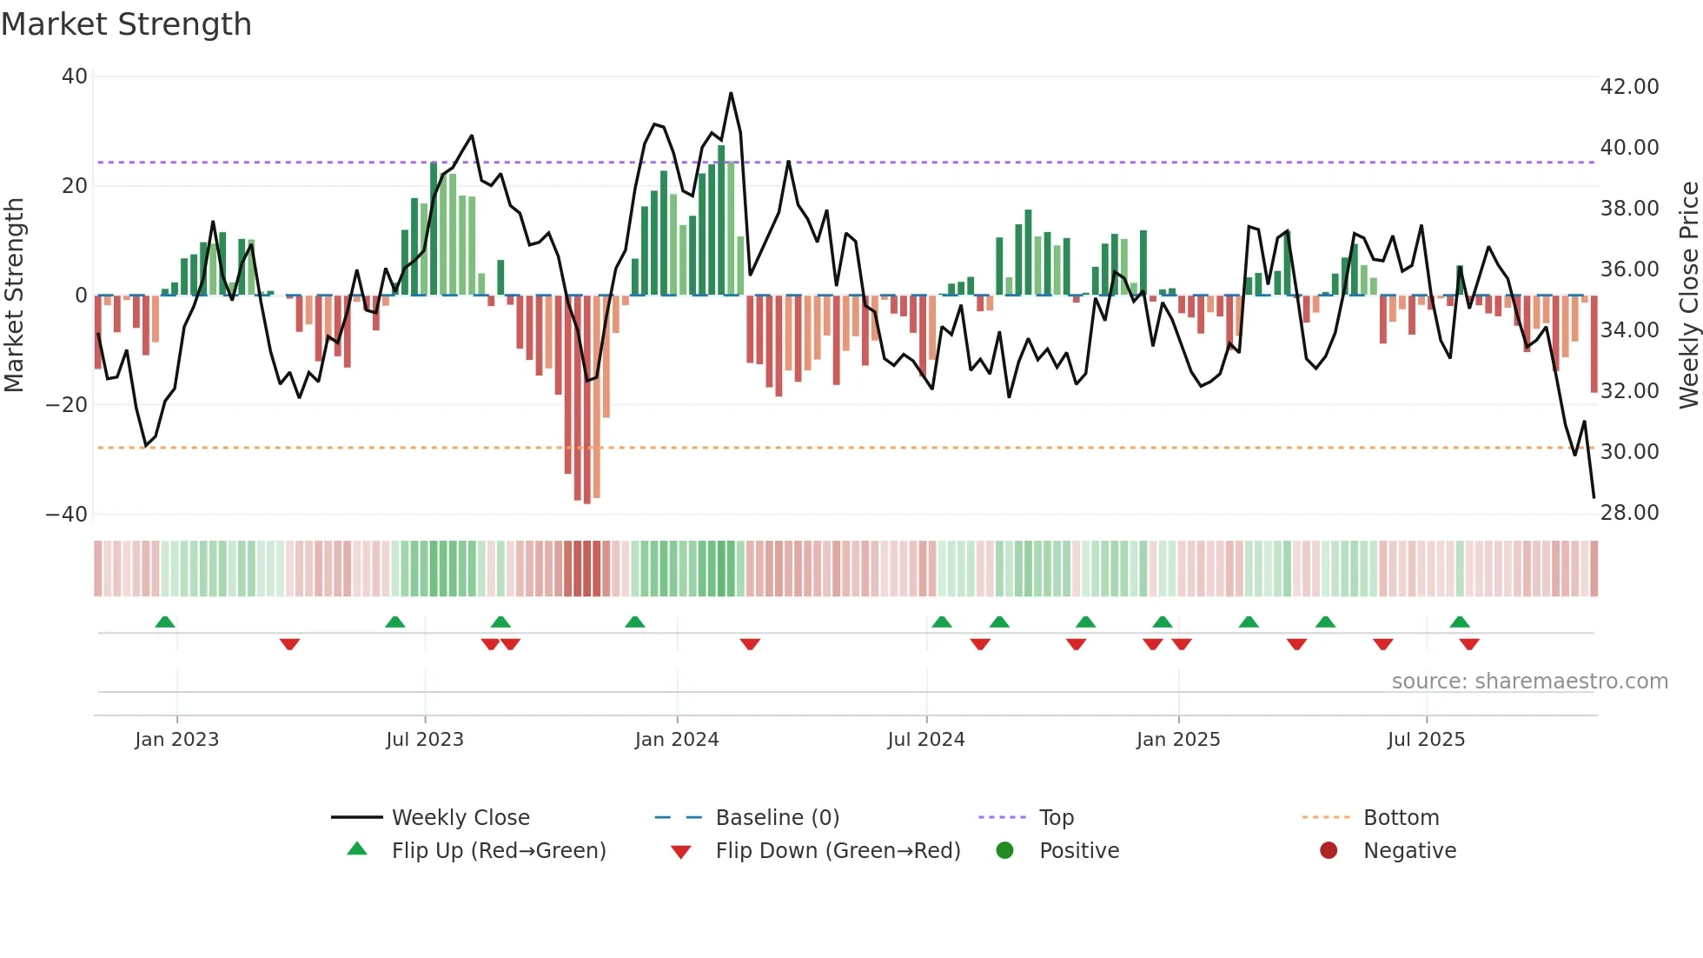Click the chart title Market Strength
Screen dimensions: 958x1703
[126, 24]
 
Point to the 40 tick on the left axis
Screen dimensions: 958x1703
[75, 77]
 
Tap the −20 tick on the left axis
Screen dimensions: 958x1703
[67, 405]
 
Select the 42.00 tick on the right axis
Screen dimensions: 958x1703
[1629, 87]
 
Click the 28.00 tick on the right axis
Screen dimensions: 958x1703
[1629, 513]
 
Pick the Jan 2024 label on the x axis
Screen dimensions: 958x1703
[677, 740]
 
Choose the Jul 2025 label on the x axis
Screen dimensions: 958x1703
[1426, 740]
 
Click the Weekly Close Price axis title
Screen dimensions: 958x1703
[1688, 296]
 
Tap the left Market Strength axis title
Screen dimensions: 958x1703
[15, 296]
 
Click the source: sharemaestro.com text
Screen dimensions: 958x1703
[1529, 682]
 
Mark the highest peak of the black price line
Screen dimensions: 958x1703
[731, 93]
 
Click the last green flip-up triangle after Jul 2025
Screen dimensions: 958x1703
[1460, 622]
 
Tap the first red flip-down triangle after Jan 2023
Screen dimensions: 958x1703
[289, 644]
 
